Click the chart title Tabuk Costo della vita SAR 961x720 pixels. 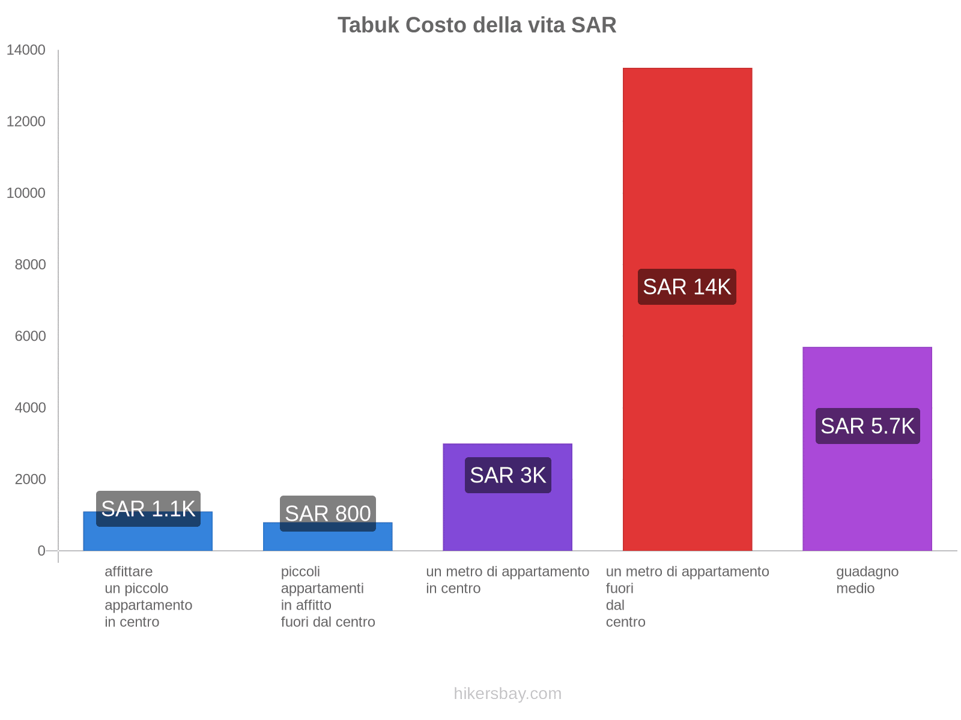click(477, 25)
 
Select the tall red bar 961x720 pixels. click(687, 180)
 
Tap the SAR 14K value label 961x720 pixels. click(687, 287)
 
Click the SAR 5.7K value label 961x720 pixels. click(867, 426)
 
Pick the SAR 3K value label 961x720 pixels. click(508, 475)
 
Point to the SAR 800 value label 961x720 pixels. click(327, 514)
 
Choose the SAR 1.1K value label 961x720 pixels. click(148, 509)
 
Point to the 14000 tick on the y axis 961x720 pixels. click(26, 50)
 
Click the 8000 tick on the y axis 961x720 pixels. click(30, 265)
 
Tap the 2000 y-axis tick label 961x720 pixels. click(30, 479)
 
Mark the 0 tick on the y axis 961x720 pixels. click(41, 551)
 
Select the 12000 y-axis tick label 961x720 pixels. click(26, 122)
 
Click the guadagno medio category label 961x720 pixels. click(867, 580)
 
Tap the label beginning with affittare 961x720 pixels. click(148, 596)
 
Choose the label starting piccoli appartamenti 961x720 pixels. click(327, 596)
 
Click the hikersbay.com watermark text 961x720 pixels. click(508, 694)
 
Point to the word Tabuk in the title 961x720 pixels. click(369, 25)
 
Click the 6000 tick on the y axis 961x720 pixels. click(30, 336)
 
